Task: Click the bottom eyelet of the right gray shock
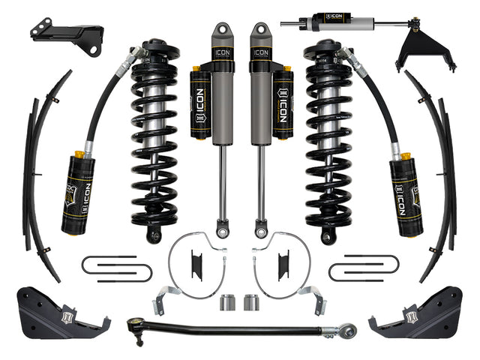[260, 223]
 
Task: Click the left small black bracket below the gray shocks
[196, 264]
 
